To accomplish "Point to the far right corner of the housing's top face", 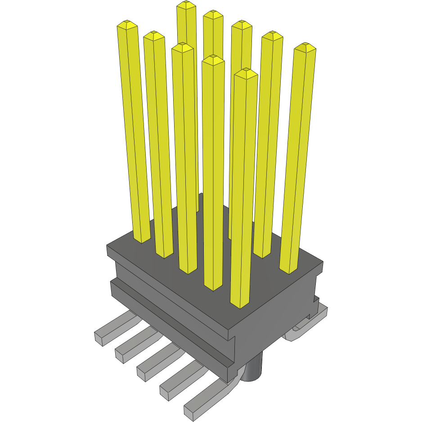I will click(x=323, y=262).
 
